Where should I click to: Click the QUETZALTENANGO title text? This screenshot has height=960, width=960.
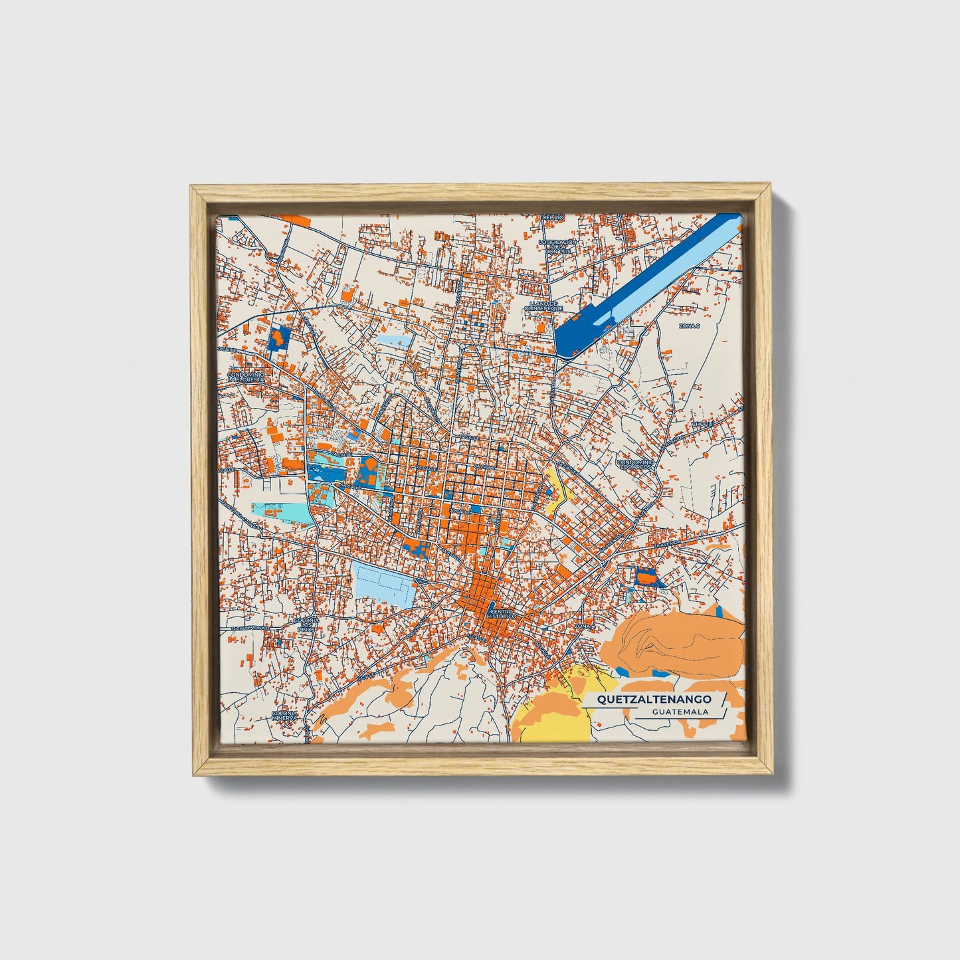(x=654, y=699)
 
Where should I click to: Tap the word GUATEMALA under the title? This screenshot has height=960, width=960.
(x=680, y=712)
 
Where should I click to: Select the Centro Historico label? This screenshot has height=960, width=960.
(x=501, y=614)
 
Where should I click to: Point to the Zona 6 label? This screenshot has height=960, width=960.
(x=688, y=326)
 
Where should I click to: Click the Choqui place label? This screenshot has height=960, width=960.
(x=702, y=424)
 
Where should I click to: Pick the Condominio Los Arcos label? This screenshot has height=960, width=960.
(x=635, y=464)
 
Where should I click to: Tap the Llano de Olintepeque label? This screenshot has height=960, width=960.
(x=543, y=306)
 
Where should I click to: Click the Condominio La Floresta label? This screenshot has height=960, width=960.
(x=246, y=377)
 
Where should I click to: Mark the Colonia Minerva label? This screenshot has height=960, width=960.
(x=283, y=716)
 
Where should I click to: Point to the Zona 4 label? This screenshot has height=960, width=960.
(x=583, y=626)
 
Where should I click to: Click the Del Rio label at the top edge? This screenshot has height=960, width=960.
(x=553, y=217)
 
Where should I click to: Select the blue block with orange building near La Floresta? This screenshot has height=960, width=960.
(x=278, y=339)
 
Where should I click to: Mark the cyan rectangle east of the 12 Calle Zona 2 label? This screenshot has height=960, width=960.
(x=282, y=511)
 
